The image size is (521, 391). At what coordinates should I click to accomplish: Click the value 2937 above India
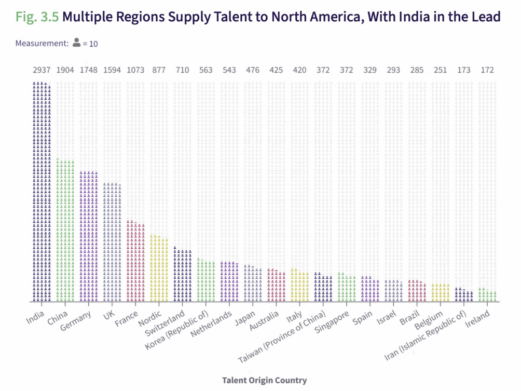pos(42,70)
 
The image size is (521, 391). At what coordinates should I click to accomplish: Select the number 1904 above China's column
pos(65,70)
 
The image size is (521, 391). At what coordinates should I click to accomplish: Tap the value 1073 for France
pos(135,70)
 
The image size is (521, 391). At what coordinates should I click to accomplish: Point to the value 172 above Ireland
pos(487,70)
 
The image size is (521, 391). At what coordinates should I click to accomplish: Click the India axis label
pos(35,315)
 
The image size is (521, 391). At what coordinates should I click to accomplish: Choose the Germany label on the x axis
pos(76,320)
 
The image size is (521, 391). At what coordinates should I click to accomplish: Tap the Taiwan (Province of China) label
pos(282,338)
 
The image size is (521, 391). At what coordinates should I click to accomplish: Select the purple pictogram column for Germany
pos(88,236)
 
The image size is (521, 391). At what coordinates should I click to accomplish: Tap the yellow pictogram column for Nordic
pos(159,268)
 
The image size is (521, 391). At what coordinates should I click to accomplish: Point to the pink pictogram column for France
pos(135,261)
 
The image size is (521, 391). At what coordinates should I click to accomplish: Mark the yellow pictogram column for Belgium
pos(440,292)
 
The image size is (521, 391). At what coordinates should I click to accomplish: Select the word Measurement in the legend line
pos(42,43)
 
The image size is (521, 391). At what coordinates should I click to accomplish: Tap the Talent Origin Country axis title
pos(264,380)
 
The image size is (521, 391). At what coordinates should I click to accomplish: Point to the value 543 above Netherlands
pos(229,70)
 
